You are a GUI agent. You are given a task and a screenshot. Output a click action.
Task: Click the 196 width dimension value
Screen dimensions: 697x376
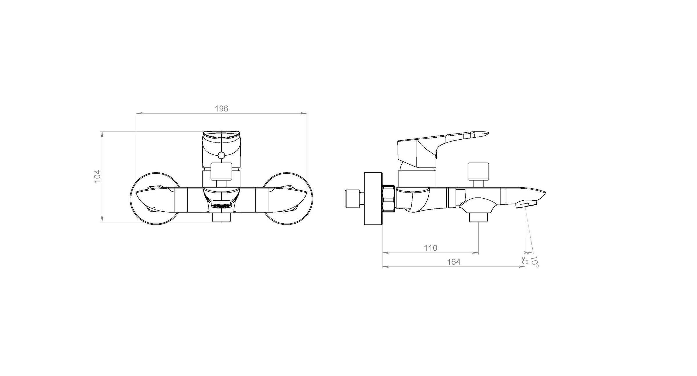221,109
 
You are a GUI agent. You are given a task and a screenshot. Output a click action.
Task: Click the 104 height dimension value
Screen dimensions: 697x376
98,176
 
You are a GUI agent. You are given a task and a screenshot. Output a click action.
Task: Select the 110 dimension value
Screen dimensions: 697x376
430,248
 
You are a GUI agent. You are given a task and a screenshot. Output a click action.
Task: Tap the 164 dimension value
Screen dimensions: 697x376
454,262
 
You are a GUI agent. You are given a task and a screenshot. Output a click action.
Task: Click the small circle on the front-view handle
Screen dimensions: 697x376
221,156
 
